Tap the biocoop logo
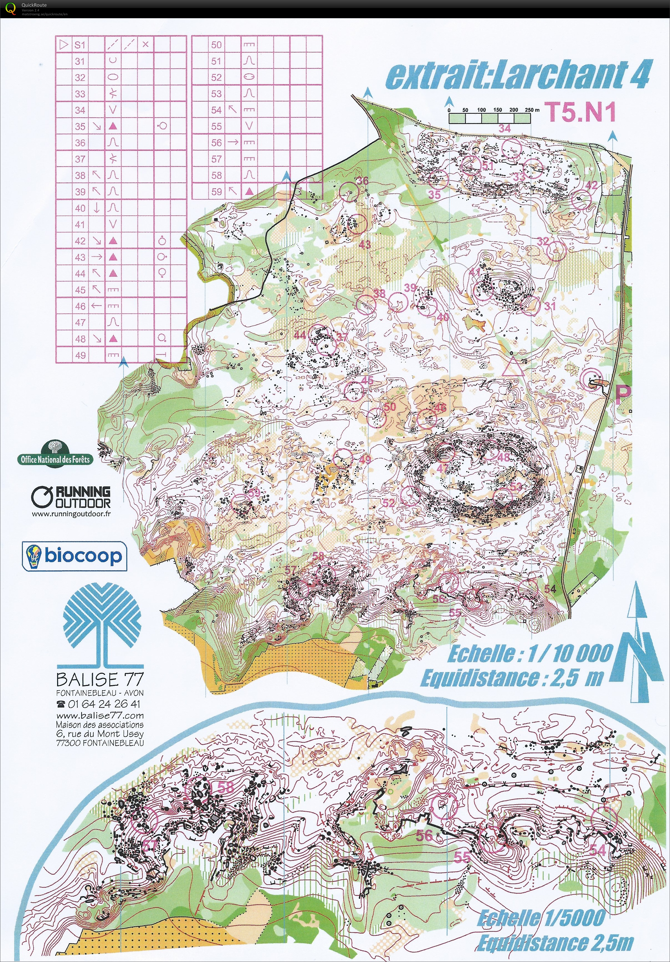tap(74, 556)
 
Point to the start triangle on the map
tap(513, 367)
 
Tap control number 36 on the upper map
tap(362, 180)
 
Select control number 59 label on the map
tap(254, 492)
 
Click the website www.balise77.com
tap(100, 716)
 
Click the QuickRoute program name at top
tap(34, 5)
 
